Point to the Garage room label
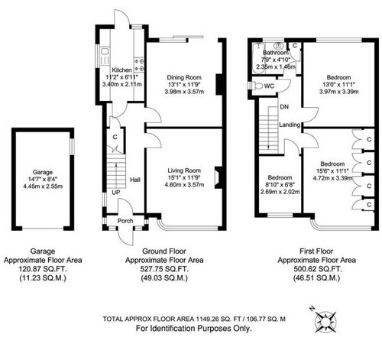point(42,172)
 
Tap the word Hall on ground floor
point(134,180)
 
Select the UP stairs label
point(115,193)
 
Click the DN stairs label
point(284,107)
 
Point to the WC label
point(269,86)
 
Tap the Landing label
point(290,124)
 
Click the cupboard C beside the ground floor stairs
point(114,138)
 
